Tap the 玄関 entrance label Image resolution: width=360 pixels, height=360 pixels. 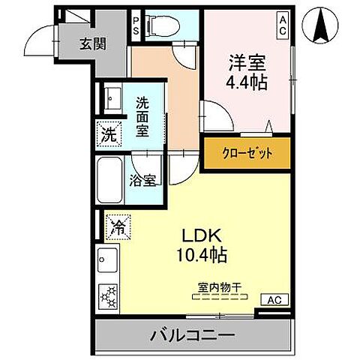(x=93, y=43)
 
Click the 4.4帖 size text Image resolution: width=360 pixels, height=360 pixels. (x=245, y=80)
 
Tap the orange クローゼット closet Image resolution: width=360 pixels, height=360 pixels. (x=246, y=154)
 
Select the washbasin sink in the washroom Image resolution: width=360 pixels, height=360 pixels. (x=114, y=97)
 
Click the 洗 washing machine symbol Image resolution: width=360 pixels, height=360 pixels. (x=109, y=136)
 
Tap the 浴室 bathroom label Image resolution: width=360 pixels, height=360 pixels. (x=143, y=180)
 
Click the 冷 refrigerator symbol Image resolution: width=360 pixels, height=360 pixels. (x=118, y=223)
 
